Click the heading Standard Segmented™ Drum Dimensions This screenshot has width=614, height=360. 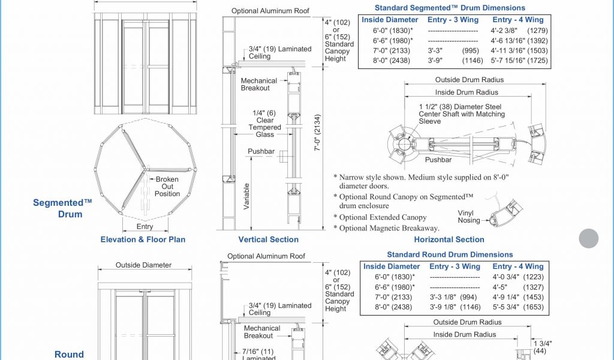point(450,8)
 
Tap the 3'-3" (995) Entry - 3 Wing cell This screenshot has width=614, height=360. point(453,50)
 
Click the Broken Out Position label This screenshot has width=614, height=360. point(167,187)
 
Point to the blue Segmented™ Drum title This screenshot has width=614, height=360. point(62,208)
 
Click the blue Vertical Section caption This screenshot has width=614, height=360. point(269,239)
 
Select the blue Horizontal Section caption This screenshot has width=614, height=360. point(449,239)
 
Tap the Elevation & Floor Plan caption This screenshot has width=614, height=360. point(143,239)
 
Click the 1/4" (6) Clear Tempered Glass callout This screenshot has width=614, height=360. point(264,124)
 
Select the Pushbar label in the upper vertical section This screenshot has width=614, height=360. point(261,151)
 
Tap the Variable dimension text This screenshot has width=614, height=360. point(246,196)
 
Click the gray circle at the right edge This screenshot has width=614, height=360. point(588,238)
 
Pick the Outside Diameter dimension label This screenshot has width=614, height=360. point(143,265)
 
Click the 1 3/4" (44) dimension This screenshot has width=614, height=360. point(542,347)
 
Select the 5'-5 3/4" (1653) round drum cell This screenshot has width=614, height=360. point(518,307)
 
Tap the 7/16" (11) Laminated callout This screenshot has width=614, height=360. point(258,355)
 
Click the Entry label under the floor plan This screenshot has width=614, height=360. point(145,226)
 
